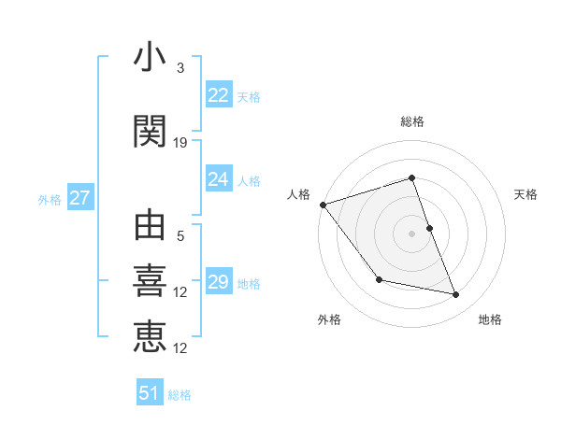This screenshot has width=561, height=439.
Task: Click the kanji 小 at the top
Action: [x=150, y=58]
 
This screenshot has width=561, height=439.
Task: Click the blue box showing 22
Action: [x=219, y=95]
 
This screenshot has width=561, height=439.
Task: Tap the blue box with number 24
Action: [x=219, y=179]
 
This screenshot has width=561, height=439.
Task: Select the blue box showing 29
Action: [x=219, y=282]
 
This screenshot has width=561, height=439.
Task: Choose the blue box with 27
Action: [x=79, y=198]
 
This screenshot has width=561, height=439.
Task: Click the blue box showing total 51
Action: [x=150, y=393]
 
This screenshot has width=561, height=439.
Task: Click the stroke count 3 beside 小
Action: [x=180, y=68]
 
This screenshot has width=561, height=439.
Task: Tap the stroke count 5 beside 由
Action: [x=180, y=236]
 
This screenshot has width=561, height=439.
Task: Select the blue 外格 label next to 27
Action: [x=50, y=199]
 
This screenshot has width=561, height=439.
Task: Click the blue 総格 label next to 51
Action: [x=180, y=395]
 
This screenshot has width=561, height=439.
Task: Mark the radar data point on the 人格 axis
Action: [x=323, y=205]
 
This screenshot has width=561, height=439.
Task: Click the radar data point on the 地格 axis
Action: [x=456, y=295]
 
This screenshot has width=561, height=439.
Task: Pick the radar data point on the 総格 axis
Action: [x=411, y=177]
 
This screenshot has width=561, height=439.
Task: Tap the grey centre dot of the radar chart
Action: [x=411, y=234]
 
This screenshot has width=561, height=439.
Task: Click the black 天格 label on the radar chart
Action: [x=525, y=194]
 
